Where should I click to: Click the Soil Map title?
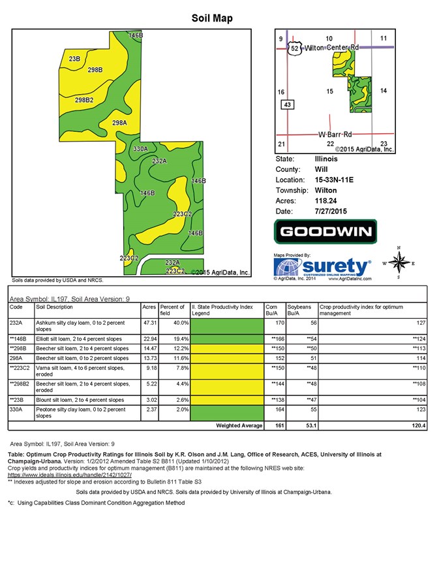click(212, 18)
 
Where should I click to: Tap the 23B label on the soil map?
click(74, 59)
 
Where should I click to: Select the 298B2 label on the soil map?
click(84, 99)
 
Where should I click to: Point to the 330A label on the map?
click(140, 150)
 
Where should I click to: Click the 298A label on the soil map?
click(119, 122)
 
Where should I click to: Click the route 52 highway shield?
click(295, 49)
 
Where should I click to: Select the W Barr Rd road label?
click(335, 134)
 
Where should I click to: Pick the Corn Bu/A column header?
click(272, 310)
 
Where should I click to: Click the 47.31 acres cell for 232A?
click(149, 323)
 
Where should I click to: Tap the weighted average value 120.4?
click(417, 426)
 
